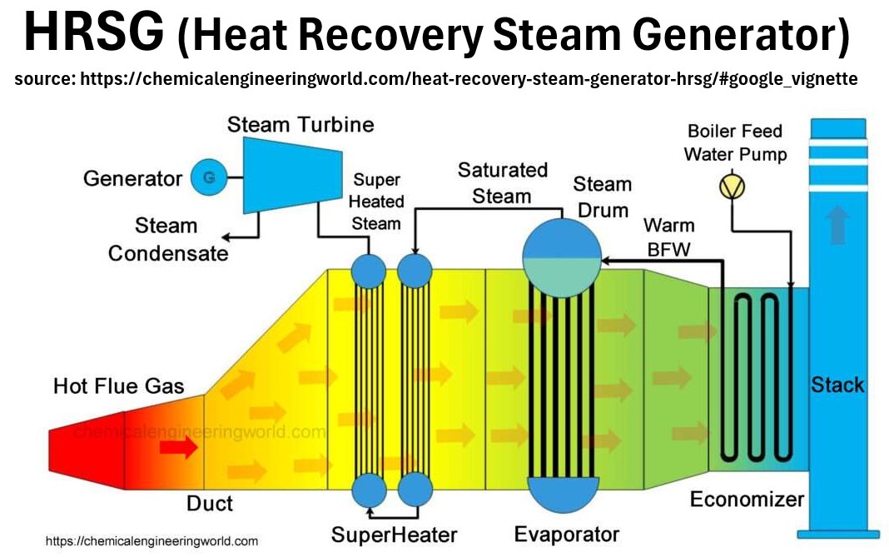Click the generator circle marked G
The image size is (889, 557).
[208, 177]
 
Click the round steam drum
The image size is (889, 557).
[561, 258]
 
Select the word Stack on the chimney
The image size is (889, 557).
[837, 385]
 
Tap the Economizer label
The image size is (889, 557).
[747, 500]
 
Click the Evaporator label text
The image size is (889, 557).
[566, 534]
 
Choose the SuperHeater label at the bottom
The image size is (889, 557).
[395, 534]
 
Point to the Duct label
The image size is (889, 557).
[210, 503]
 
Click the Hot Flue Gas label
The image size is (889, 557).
[119, 386]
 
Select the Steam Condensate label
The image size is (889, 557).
[167, 239]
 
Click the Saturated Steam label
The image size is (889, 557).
[502, 183]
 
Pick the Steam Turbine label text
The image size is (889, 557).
[300, 125]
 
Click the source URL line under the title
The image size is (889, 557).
[436, 79]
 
